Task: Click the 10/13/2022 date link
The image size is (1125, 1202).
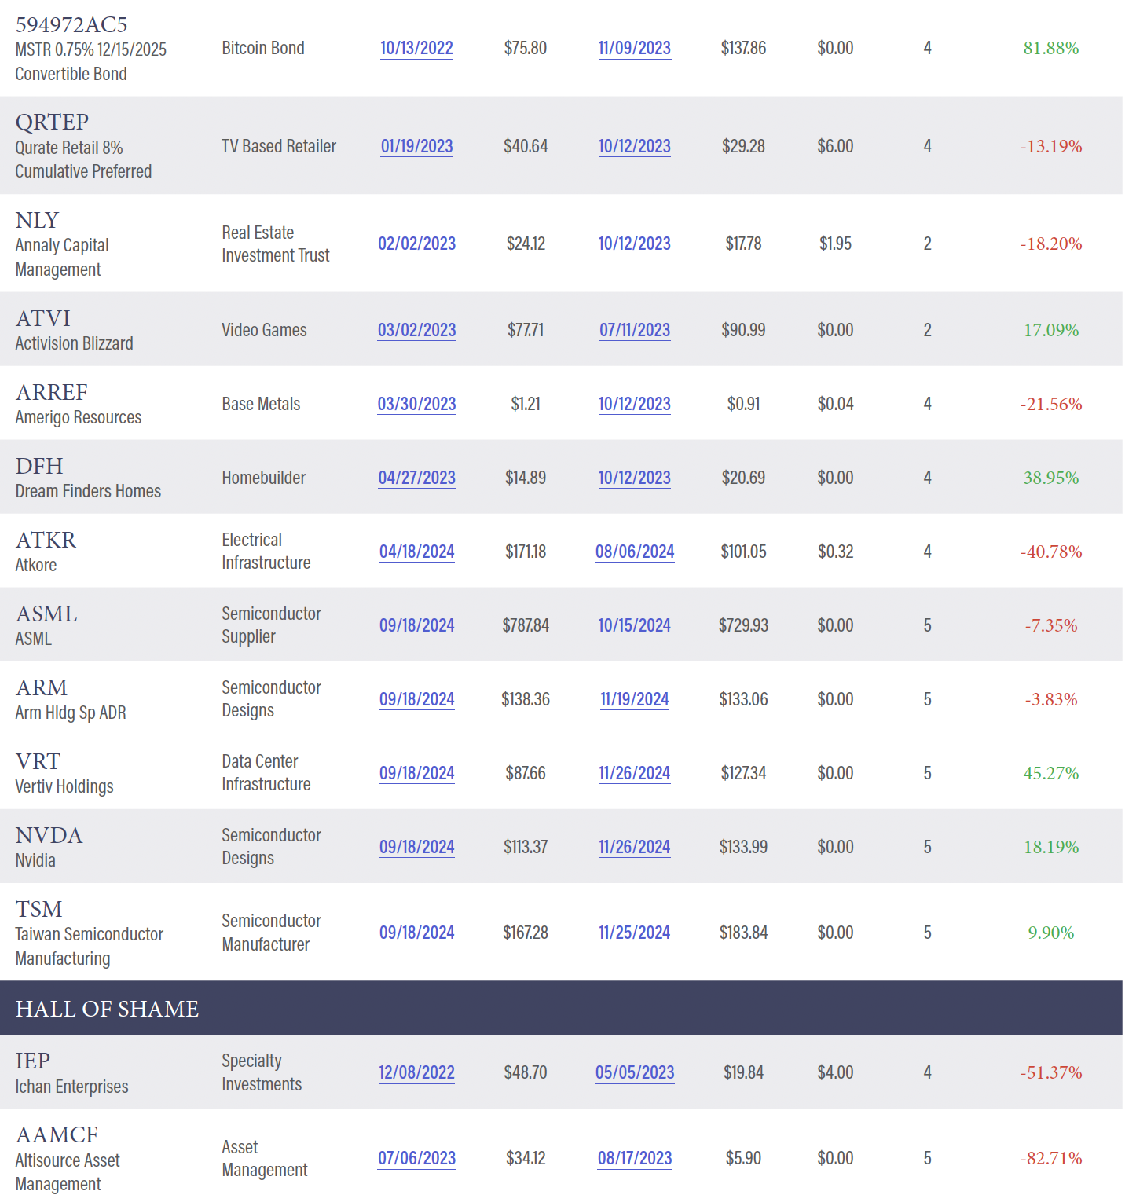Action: tap(416, 49)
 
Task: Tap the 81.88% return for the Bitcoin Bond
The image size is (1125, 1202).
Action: tap(1050, 49)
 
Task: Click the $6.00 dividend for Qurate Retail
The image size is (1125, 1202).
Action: tap(834, 147)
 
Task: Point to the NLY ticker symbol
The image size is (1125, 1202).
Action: tap(37, 221)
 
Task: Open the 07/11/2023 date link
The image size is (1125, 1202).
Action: tap(634, 331)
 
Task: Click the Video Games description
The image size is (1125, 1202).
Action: tap(264, 331)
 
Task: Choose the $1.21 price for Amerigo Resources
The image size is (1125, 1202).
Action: tap(525, 405)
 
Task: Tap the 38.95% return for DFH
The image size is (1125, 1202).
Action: tap(1050, 478)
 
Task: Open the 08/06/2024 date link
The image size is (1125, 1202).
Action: tap(634, 552)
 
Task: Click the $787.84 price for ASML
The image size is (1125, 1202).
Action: tap(525, 626)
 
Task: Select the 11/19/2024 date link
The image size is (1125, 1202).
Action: tap(634, 700)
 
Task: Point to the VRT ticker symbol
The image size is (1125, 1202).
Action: tap(38, 762)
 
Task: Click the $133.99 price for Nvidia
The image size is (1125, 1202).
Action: tap(743, 848)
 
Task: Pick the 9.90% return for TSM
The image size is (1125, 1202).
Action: tap(1050, 933)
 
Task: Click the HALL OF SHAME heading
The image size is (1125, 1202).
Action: tap(108, 1010)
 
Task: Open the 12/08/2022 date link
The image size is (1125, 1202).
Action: tap(416, 1073)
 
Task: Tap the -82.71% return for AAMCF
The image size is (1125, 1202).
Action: tap(1050, 1159)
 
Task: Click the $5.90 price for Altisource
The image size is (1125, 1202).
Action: tap(743, 1159)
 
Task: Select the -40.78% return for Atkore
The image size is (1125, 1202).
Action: tap(1050, 552)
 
